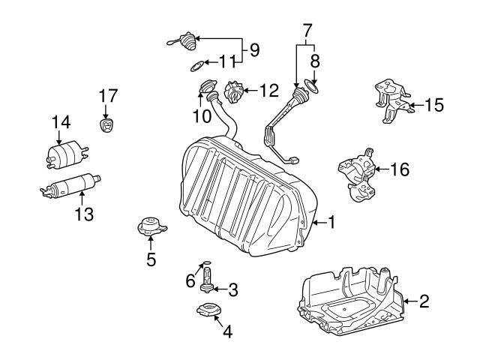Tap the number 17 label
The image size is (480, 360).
108,95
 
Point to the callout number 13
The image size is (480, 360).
84,214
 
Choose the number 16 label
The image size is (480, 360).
400,169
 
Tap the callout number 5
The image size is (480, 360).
151,259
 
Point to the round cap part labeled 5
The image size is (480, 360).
150,226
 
